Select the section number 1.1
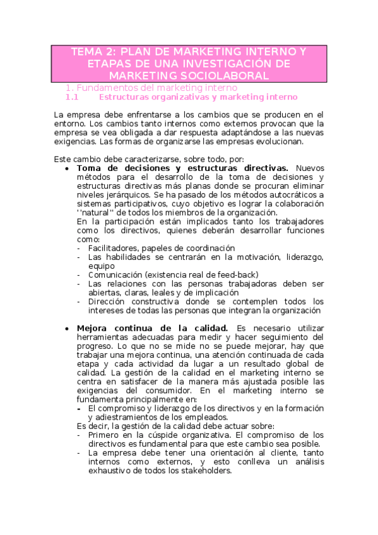click(x=71, y=98)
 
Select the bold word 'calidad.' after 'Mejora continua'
click(x=210, y=328)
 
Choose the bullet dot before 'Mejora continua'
click(x=68, y=329)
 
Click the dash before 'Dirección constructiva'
click(x=78, y=302)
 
